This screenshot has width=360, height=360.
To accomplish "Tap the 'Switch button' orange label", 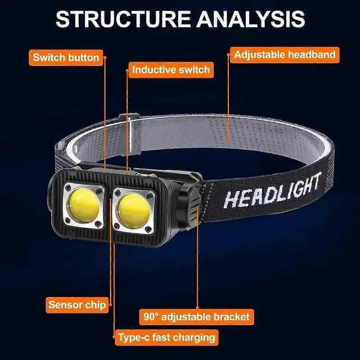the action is pos(66,57).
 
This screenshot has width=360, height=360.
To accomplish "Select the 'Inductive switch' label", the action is pos(170,70).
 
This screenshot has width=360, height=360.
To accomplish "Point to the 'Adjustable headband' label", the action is pos(285,55).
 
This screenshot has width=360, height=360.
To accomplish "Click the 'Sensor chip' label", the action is pos(76,305).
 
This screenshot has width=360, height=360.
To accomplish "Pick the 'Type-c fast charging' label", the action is pos(166,338).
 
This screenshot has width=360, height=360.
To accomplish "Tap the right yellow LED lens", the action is pos(133,207).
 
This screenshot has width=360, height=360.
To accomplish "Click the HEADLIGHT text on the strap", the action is pos(272,191).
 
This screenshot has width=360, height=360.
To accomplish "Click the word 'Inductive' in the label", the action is pos(152,70).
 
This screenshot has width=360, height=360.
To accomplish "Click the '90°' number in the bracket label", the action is pos(152,316).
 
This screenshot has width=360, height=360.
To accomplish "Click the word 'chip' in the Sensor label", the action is pos(94,305).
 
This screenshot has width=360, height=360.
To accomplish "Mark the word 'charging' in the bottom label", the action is pos(195,338).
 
